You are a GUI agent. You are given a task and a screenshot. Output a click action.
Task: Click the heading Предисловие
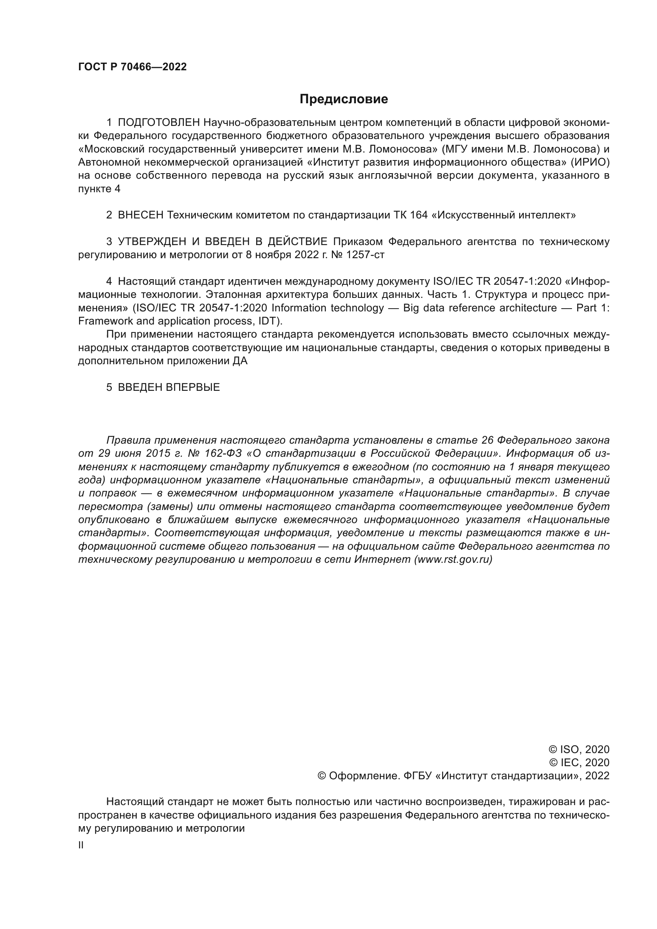344,99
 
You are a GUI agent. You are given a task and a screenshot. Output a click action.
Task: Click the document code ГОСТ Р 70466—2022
132,67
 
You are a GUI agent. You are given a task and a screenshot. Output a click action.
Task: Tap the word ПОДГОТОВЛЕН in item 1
158,123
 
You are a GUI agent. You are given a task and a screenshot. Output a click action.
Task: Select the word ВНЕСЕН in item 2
140,215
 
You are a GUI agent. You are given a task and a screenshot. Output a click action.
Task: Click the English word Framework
104,321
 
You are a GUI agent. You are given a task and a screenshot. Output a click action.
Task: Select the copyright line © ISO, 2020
579,749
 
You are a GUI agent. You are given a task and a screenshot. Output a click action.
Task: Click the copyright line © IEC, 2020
579,763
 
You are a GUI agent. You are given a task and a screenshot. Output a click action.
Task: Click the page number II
81,845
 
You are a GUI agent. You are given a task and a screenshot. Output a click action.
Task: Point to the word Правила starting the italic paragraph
128,440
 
